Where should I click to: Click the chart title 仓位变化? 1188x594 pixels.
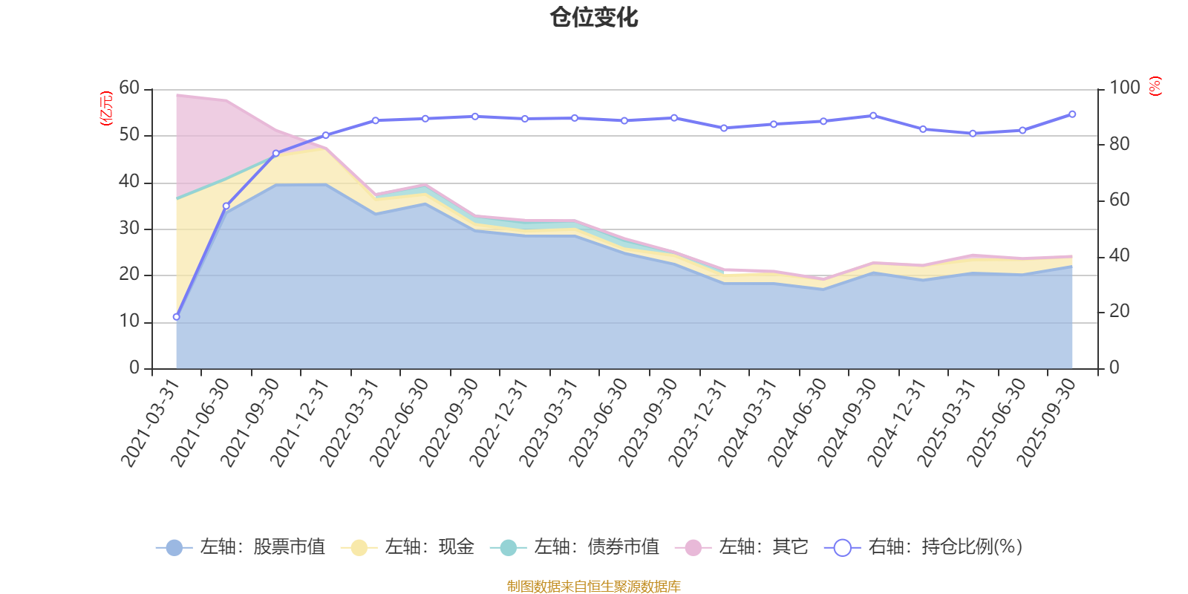tap(594, 17)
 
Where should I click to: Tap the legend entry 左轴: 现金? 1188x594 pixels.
tap(408, 547)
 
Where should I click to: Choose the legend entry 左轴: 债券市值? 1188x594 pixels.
tap(575, 547)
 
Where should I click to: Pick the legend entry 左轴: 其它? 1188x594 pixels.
tap(742, 547)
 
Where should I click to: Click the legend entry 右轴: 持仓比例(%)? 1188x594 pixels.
tap(924, 547)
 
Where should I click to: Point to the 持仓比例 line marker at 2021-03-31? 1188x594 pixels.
tap(176, 317)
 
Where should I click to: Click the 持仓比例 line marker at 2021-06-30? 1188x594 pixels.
tap(226, 206)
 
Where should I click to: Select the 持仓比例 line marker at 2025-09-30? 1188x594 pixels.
tap(1072, 114)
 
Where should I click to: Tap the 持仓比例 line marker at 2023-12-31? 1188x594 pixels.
tap(724, 128)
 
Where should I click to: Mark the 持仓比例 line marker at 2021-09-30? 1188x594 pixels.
tap(276, 154)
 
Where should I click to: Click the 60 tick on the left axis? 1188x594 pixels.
tap(129, 88)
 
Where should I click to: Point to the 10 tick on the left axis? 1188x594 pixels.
tap(129, 322)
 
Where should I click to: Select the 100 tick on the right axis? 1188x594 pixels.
tap(1124, 88)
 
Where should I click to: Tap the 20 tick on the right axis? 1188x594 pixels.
tap(1119, 312)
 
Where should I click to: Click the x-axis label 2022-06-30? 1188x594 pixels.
tap(399, 422)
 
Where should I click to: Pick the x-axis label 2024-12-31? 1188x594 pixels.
tap(897, 422)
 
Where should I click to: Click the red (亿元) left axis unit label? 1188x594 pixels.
tap(106, 108)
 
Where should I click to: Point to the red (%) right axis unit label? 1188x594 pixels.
tap(1155, 86)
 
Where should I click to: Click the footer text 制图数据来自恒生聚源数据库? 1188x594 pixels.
tap(594, 587)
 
